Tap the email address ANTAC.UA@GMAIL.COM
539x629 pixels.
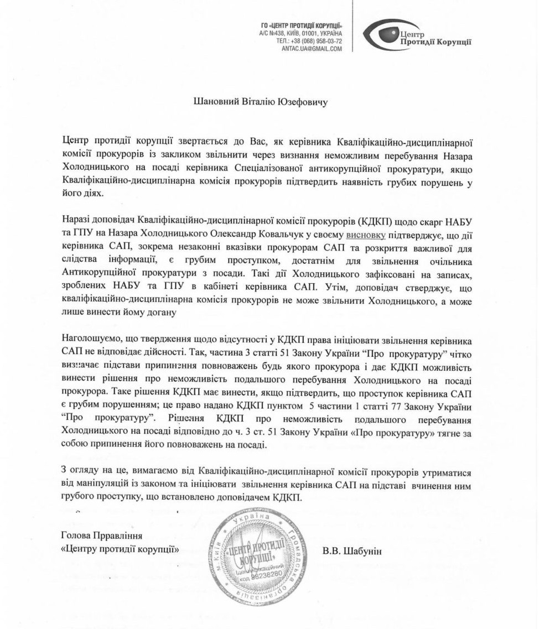pyautogui.click(x=312, y=49)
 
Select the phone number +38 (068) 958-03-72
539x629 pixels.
pyautogui.click(x=316, y=41)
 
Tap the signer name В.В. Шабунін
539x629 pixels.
pyautogui.click(x=351, y=551)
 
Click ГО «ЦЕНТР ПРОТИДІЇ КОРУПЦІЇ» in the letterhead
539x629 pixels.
pyautogui.click(x=301, y=27)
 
